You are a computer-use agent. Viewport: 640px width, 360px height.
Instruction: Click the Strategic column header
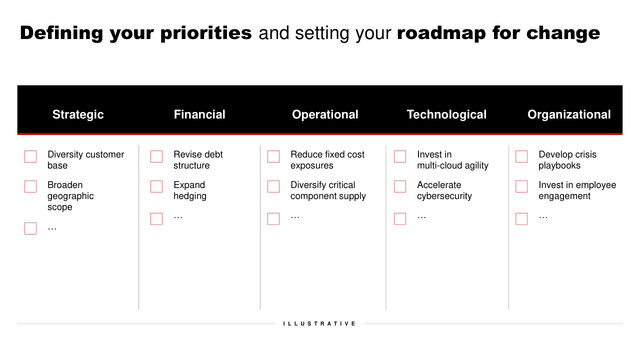click(x=78, y=115)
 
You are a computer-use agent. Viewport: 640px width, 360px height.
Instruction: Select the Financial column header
click(x=199, y=114)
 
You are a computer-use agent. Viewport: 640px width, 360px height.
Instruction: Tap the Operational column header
click(x=325, y=115)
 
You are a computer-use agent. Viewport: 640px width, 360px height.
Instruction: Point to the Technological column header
click(x=446, y=115)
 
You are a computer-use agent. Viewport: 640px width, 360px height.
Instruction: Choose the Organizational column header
click(x=569, y=115)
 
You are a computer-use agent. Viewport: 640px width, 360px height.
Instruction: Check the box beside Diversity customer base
click(x=30, y=156)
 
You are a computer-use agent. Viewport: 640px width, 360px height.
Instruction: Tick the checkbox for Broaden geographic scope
click(x=30, y=186)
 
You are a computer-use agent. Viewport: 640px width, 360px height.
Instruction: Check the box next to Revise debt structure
click(x=156, y=156)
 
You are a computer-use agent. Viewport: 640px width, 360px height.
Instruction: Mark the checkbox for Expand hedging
click(x=156, y=186)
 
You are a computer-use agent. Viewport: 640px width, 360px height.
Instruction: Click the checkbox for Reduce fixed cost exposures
click(x=273, y=156)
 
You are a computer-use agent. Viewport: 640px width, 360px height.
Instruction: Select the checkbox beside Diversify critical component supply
click(x=273, y=186)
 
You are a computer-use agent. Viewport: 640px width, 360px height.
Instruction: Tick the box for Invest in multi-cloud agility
click(x=400, y=156)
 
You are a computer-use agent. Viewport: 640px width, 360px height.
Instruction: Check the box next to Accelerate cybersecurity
click(x=400, y=186)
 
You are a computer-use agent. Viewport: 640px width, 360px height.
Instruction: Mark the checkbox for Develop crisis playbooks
click(x=521, y=156)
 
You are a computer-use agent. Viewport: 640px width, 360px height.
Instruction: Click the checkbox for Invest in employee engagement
click(x=521, y=186)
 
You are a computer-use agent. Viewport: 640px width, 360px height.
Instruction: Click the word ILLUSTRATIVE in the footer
click(x=319, y=323)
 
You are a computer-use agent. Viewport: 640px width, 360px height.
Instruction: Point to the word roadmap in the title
click(x=441, y=33)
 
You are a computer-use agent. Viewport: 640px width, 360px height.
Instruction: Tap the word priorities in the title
click(x=206, y=33)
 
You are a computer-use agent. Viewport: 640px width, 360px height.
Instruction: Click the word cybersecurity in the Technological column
click(x=444, y=196)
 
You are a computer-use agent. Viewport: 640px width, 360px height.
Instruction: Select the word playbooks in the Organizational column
click(x=559, y=165)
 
